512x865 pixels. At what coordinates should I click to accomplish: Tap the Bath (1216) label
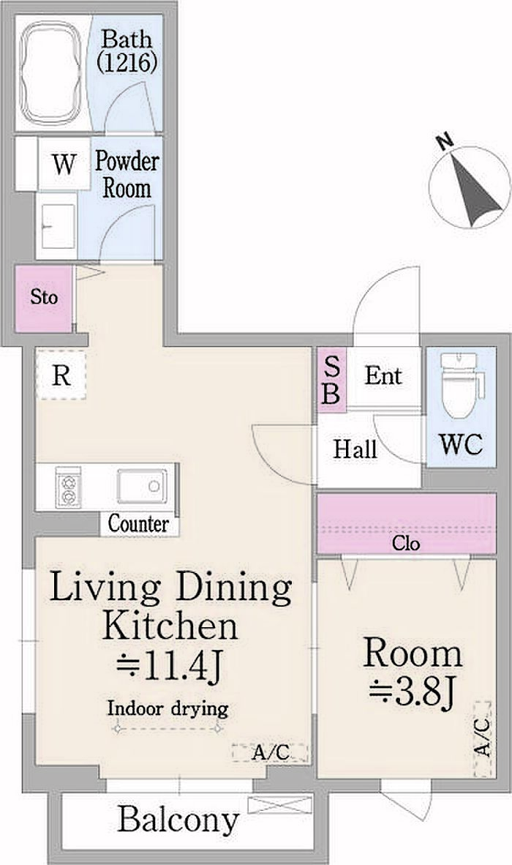[127, 50]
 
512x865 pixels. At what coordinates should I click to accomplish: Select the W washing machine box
[64, 164]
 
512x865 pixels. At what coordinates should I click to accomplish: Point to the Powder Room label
[127, 174]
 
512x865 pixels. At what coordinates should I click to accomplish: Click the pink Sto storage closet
[44, 299]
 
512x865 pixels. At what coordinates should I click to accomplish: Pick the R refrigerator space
[61, 375]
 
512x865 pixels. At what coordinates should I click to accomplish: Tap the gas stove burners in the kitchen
[68, 487]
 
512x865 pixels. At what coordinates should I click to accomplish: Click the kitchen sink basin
[142, 486]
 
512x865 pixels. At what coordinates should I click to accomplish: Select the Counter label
[138, 523]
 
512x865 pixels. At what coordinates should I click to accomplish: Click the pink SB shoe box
[332, 380]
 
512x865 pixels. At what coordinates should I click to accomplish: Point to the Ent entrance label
[383, 376]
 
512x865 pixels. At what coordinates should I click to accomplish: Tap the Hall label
[355, 449]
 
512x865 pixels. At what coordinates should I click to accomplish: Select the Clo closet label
[406, 544]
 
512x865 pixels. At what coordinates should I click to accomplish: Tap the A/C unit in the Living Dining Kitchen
[270, 752]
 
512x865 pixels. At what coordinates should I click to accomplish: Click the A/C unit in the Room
[482, 739]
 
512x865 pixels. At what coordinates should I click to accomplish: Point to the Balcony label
[178, 820]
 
